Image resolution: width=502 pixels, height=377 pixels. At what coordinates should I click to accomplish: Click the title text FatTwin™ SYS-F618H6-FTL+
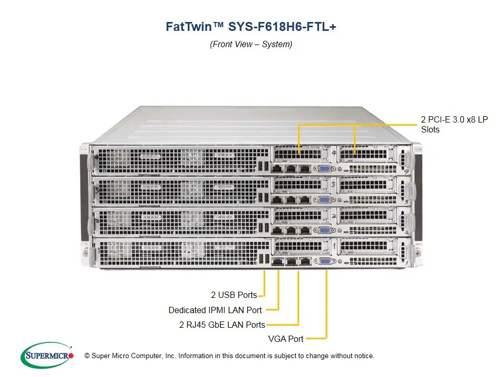tap(251, 27)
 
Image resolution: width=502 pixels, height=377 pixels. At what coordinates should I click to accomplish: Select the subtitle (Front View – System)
tap(251, 44)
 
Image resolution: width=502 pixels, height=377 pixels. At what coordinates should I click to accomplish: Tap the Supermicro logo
tap(47, 356)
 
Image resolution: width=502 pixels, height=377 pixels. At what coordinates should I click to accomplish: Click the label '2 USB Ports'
tap(234, 295)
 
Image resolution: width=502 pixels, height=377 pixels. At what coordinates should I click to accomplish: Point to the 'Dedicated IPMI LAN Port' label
tap(215, 310)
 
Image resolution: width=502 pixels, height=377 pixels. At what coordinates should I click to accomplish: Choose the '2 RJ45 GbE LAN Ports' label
tap(222, 325)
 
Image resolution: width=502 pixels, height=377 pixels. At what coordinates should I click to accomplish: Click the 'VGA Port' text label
tap(286, 339)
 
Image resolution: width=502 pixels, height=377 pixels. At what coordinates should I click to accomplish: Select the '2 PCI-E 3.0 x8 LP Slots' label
tap(454, 124)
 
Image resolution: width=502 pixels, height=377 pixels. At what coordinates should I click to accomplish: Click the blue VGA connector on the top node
tap(324, 169)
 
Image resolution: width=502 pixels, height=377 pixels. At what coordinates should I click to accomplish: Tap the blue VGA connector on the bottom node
tap(324, 261)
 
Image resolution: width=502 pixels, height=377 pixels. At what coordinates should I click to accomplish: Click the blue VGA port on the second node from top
tap(324, 199)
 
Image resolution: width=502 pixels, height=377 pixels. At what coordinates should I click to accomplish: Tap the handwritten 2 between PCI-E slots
tap(334, 215)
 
